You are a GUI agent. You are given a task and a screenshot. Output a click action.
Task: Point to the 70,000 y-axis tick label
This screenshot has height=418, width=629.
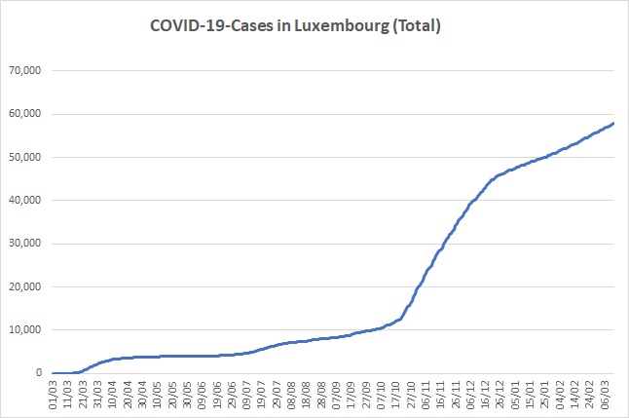26,71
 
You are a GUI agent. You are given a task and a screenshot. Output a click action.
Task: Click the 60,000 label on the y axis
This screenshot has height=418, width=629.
26,114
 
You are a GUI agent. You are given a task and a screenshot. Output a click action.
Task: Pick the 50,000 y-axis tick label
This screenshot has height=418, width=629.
26,157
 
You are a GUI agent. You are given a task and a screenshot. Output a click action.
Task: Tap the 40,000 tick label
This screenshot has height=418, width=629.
26,201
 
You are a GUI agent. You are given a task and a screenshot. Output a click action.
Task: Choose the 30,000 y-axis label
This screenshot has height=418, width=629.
26,244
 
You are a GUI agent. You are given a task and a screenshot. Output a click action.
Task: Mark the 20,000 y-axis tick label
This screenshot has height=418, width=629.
26,286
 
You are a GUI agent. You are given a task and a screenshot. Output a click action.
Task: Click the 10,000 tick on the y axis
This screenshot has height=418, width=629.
26,330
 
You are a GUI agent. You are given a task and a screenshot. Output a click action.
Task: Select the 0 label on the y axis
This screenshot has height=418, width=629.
40,373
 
